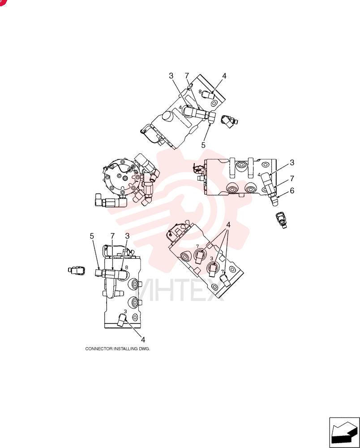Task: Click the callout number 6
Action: pyautogui.click(x=292, y=190)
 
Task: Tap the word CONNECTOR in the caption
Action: pyautogui.click(x=99, y=349)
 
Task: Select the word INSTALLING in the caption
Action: pyautogui.click(x=126, y=349)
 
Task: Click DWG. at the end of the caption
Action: pyautogui.click(x=145, y=349)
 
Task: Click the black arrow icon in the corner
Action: pyautogui.click(x=344, y=432)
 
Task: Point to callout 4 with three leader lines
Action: pyautogui.click(x=228, y=225)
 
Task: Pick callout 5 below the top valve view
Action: pyautogui.click(x=203, y=145)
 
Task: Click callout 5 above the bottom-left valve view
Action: pyautogui.click(x=92, y=236)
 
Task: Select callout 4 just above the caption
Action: pyautogui.click(x=143, y=340)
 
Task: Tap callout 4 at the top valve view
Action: pyautogui.click(x=224, y=76)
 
